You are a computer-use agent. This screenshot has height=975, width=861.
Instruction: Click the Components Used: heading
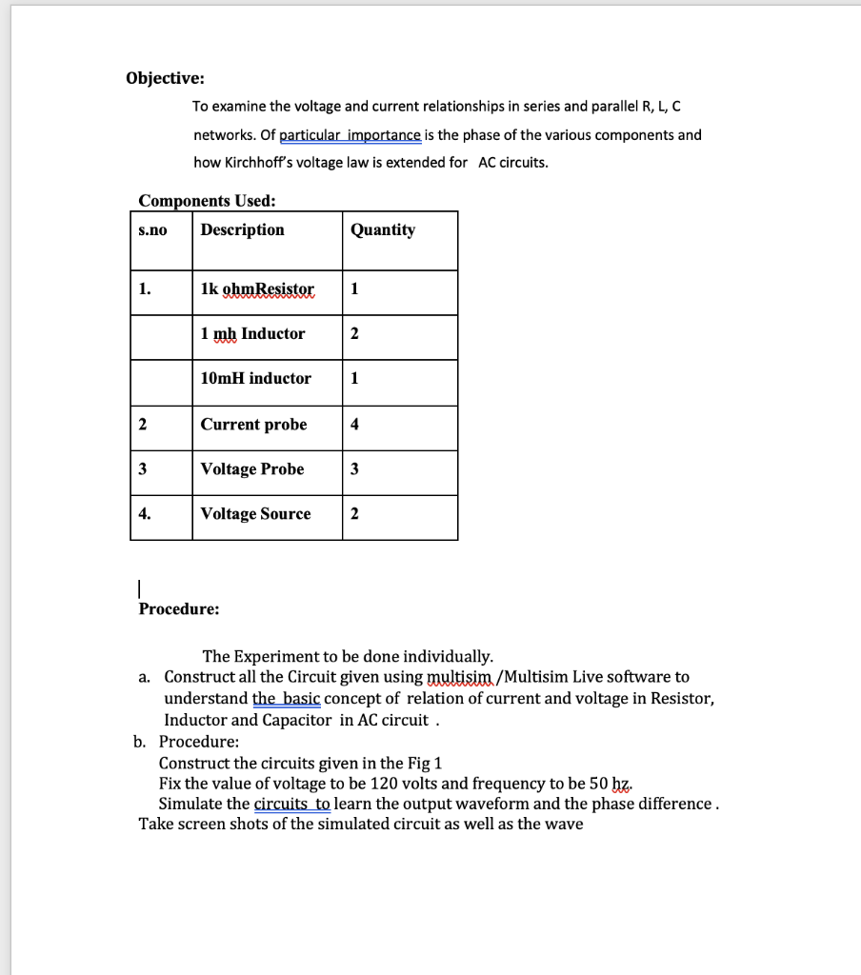[x=208, y=201]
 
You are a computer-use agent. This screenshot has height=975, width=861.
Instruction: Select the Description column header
[x=242, y=229]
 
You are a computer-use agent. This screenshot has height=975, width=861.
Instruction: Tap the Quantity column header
[x=383, y=229]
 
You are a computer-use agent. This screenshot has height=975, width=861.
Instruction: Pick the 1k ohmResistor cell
[x=257, y=289]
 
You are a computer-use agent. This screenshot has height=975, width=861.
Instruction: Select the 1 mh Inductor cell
[x=252, y=334]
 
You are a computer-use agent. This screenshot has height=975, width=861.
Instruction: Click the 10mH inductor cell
[x=255, y=379]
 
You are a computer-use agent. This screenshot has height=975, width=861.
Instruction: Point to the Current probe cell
[x=253, y=425]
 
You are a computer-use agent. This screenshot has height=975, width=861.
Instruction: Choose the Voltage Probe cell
[x=252, y=469]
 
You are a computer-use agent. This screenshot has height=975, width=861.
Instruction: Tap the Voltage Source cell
[x=255, y=514]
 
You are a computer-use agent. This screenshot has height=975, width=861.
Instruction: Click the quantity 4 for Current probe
[x=354, y=425]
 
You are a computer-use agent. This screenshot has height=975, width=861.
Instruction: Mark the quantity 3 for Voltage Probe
[x=354, y=469]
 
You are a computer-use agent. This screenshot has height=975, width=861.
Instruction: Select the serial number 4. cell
[x=144, y=514]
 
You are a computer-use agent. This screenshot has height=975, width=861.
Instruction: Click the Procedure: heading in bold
[x=179, y=608]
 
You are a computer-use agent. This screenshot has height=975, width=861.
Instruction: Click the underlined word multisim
[x=461, y=677]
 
